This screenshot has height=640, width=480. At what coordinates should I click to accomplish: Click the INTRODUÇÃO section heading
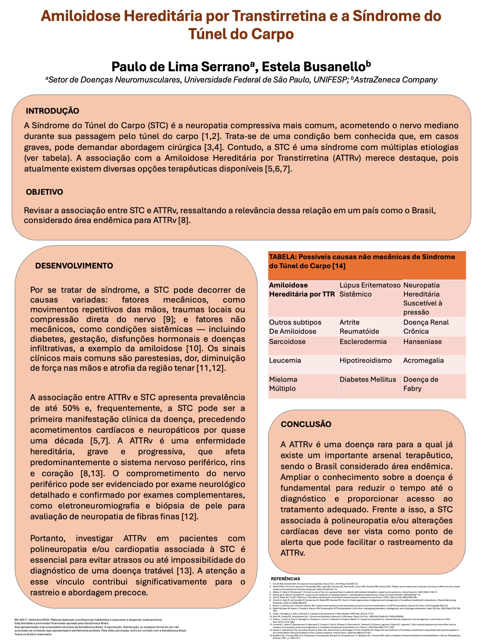52,111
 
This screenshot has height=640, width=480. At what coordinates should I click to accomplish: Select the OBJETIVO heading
44,192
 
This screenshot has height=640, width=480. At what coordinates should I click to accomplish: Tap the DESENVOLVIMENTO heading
74,265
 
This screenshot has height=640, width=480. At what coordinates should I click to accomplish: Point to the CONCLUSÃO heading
306,424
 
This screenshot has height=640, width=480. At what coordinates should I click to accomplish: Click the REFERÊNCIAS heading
285,578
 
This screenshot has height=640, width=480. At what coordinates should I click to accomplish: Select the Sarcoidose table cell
287,342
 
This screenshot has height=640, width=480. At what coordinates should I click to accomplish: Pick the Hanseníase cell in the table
422,342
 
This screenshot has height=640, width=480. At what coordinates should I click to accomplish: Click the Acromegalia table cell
423,360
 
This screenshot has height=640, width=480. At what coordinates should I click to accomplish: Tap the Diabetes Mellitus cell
367,379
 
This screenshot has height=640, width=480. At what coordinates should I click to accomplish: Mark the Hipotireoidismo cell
365,360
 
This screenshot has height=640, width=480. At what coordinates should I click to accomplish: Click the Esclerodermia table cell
363,342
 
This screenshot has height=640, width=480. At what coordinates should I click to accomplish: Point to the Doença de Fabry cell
421,384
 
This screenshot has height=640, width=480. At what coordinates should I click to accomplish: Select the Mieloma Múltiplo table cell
283,384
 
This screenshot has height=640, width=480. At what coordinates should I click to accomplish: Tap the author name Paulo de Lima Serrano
180,67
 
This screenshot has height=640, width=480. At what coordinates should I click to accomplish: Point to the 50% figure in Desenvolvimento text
71,408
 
